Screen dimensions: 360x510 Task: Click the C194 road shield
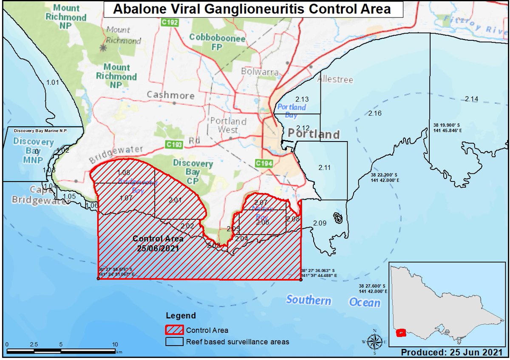[x=263, y=163]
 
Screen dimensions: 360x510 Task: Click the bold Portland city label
[x=314, y=134]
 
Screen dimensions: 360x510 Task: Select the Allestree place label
[x=334, y=80]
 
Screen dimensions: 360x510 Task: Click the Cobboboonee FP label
[x=218, y=43]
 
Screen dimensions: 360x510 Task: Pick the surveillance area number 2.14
[x=471, y=99]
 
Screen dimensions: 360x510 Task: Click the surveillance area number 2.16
[x=375, y=113]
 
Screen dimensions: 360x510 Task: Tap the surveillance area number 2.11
[x=324, y=167]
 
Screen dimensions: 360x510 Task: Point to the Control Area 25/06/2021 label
[x=158, y=243]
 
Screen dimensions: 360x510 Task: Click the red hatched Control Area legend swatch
[x=174, y=330]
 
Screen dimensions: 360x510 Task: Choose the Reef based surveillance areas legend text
[x=238, y=341]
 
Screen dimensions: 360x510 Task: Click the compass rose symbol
[x=374, y=341]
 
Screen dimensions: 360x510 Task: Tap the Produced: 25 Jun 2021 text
[x=451, y=353]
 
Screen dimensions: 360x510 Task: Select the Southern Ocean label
[x=333, y=301]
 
